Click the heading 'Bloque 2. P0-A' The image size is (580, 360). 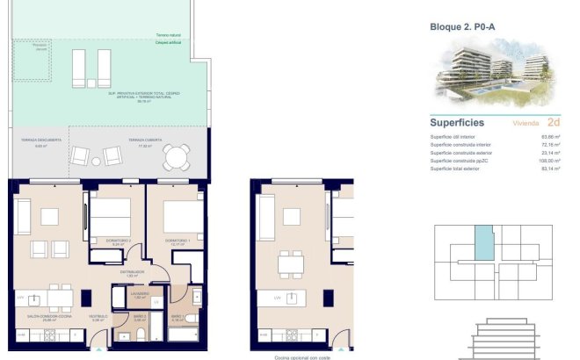(x=462, y=26)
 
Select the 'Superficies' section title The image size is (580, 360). (x=460, y=122)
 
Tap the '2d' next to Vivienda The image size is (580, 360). (x=554, y=122)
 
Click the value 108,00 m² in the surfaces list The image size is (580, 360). (x=550, y=161)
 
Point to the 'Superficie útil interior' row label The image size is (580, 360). (x=453, y=137)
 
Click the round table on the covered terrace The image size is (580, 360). (x=175, y=158)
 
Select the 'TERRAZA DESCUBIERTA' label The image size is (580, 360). (x=40, y=140)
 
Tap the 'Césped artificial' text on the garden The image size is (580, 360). (x=168, y=42)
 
